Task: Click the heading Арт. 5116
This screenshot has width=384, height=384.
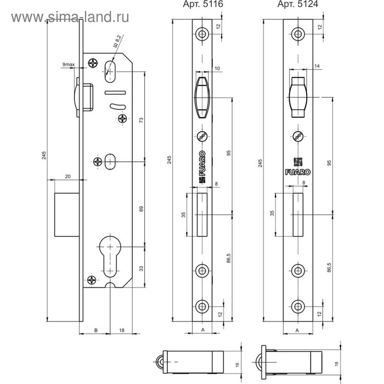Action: click(x=203, y=4)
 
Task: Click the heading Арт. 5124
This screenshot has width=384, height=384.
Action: click(x=297, y=4)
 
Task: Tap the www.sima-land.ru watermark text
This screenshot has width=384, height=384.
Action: click(x=70, y=17)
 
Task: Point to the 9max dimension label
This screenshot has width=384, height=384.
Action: click(x=69, y=64)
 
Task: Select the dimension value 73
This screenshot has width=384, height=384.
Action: click(x=142, y=120)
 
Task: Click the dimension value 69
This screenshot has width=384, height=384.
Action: click(x=142, y=208)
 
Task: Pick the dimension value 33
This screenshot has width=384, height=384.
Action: click(x=142, y=268)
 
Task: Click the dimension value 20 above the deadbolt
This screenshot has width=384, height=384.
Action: click(x=68, y=176)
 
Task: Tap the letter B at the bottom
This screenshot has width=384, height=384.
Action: click(x=96, y=330)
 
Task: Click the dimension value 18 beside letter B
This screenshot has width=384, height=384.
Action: click(x=122, y=330)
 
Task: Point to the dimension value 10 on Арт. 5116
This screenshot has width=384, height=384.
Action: click(x=217, y=69)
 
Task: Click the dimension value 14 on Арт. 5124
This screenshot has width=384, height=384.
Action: click(x=317, y=66)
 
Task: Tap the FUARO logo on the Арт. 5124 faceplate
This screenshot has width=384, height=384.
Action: click(x=297, y=172)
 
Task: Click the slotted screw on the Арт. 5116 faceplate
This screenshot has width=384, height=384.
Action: click(x=202, y=136)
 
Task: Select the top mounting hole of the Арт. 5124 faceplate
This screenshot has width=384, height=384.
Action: click(x=298, y=34)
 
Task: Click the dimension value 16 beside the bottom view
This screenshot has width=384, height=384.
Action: click(x=237, y=365)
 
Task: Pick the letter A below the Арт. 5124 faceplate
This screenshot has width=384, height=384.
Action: click(x=297, y=330)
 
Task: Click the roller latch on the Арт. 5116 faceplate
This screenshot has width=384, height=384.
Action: click(x=202, y=98)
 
